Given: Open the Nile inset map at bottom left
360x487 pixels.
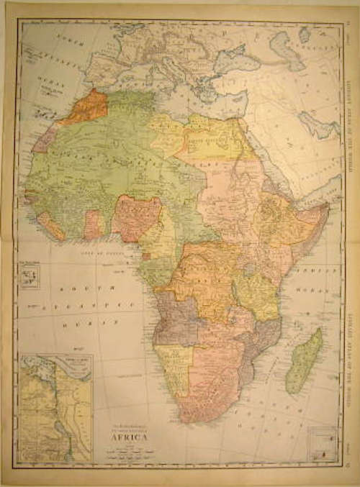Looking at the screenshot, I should tap(55, 407).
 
